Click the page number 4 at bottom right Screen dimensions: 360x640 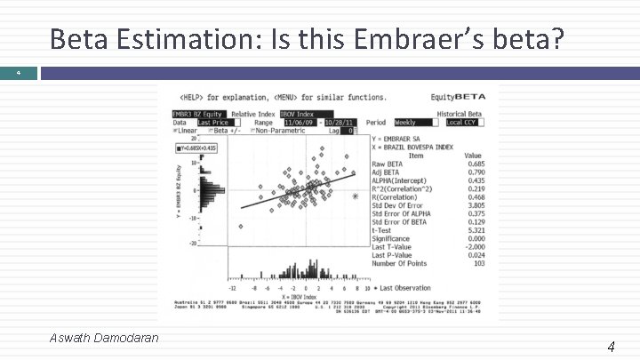coord(612,347)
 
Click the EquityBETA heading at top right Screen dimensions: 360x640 coord(472,96)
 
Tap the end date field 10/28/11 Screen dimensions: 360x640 coord(340,123)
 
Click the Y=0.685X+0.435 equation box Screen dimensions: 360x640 coord(197,148)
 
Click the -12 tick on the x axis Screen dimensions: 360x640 coord(233,288)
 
